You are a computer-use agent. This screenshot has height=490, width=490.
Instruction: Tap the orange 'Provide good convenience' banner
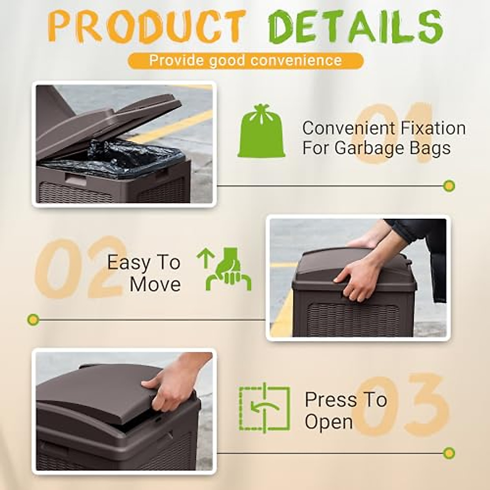point(245,60)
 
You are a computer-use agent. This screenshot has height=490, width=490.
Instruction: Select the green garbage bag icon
point(261,131)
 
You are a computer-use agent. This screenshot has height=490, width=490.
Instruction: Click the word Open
point(329,422)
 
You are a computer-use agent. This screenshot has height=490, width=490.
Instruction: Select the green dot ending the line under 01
point(449,186)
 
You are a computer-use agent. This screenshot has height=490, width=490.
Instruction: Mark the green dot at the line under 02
point(33,319)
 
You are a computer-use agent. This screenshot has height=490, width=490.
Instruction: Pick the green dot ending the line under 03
point(449,453)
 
